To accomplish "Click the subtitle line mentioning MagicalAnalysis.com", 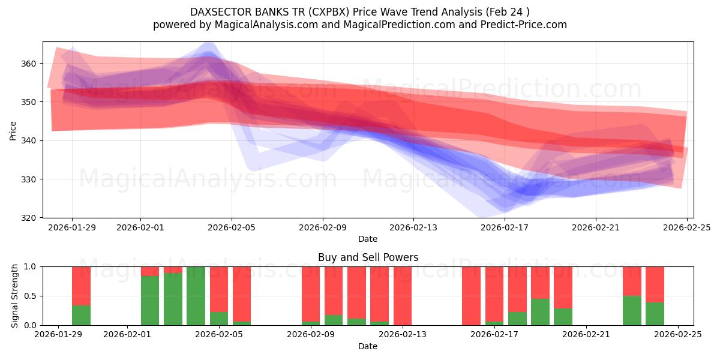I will pyautogui.click(x=359, y=25).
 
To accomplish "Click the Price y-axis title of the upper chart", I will pyautogui.click(x=13, y=130).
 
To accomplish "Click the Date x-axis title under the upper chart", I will pyautogui.click(x=368, y=239).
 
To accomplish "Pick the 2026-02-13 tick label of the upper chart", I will pyautogui.click(x=413, y=227).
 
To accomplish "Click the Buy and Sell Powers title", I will pyautogui.click(x=368, y=257).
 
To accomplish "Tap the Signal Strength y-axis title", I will pyautogui.click(x=15, y=296).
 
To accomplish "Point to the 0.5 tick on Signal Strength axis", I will pyautogui.click(x=30, y=296).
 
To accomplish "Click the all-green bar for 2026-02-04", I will pyautogui.click(x=196, y=296).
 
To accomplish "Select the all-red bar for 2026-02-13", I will pyautogui.click(x=403, y=296).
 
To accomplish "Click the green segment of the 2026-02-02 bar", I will pyautogui.click(x=150, y=301).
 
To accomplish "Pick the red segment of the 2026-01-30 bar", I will pyautogui.click(x=81, y=286).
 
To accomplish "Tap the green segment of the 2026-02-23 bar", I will pyautogui.click(x=632, y=310).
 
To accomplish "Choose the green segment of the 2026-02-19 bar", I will pyautogui.click(x=540, y=312).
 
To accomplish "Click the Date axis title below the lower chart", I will pyautogui.click(x=368, y=346).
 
